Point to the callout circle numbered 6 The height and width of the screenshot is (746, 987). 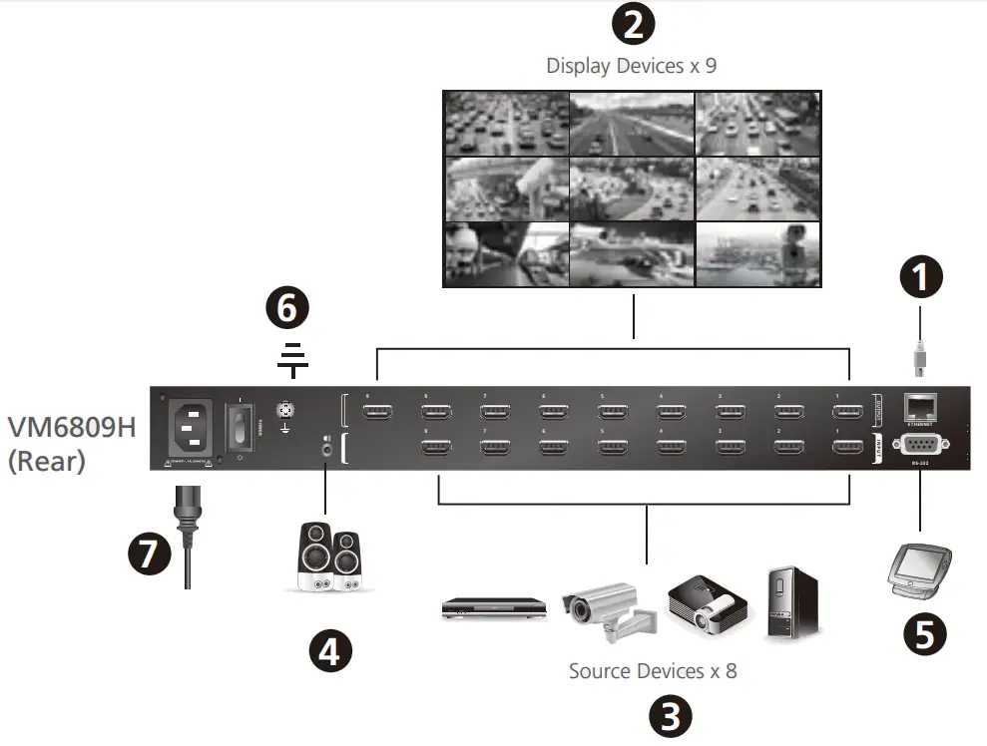pos(287,309)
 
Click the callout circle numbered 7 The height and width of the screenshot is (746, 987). pos(149,554)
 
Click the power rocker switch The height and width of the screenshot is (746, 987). pos(241,426)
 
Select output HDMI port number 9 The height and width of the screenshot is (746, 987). pos(377,411)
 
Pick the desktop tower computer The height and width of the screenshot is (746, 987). pos(793,603)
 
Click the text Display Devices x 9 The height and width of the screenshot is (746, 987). pos(631,66)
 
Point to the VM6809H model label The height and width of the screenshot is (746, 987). pos(71,427)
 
